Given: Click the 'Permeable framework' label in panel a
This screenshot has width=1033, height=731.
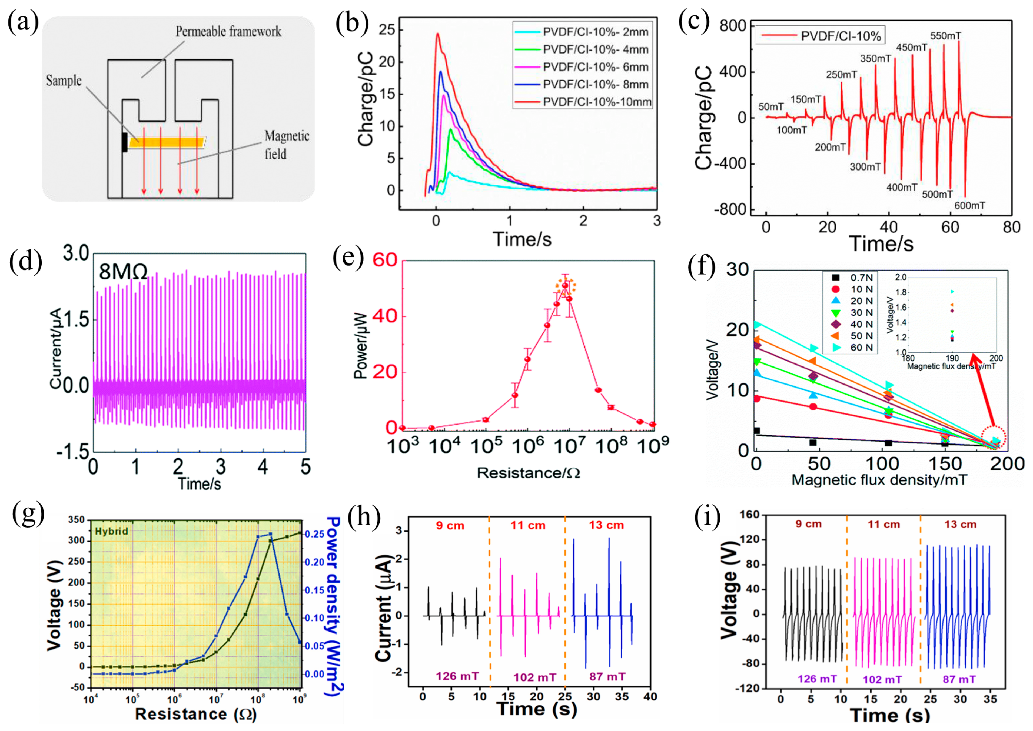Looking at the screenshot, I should pyautogui.click(x=228, y=32).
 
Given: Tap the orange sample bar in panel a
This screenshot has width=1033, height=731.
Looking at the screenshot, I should pyautogui.click(x=167, y=143).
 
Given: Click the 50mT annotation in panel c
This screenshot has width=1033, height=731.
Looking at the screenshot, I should pyautogui.click(x=771, y=107).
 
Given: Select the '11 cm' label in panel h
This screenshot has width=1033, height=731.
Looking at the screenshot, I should pyautogui.click(x=528, y=525).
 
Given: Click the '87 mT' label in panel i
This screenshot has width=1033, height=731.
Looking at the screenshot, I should pyautogui.click(x=959, y=679).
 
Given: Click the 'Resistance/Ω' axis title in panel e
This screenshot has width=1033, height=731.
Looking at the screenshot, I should pyautogui.click(x=528, y=473).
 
